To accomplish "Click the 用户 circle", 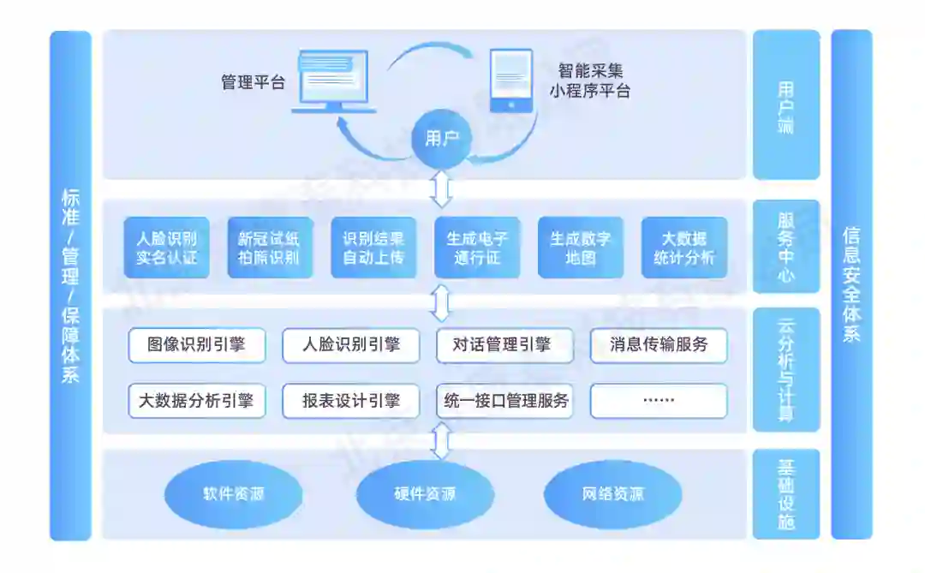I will click(x=442, y=138).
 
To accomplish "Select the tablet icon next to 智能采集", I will click(x=510, y=81).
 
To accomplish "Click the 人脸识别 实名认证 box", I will click(x=166, y=248).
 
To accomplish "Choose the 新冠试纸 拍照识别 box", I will click(x=269, y=248).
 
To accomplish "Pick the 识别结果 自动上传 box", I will click(x=373, y=248).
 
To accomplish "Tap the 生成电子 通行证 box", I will click(x=477, y=248).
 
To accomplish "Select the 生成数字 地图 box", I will click(x=581, y=248).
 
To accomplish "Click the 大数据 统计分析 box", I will click(x=683, y=248).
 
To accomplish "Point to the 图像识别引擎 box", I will click(x=196, y=345).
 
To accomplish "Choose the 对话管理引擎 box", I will click(x=504, y=345).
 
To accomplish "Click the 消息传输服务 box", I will click(x=659, y=345).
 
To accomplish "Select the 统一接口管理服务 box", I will click(x=504, y=400).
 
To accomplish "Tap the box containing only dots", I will click(x=659, y=400).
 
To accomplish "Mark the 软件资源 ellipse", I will click(x=233, y=494).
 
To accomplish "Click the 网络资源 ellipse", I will click(x=612, y=494).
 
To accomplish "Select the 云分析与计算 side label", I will click(x=786, y=369).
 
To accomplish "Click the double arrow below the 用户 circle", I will click(x=441, y=189).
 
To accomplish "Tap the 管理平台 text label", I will click(x=253, y=83).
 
